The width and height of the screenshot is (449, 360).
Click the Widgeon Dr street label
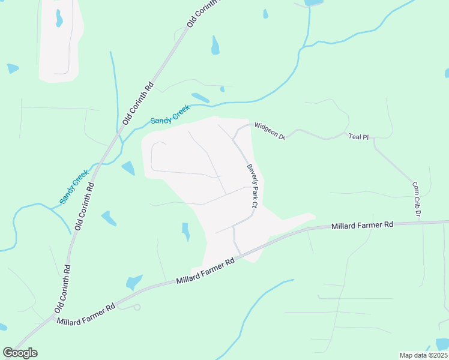coord(268,130)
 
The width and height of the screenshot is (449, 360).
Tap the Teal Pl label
coord(358,137)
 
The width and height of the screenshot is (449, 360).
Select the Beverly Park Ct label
coord(252,186)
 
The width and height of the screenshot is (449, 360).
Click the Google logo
coord(20,353)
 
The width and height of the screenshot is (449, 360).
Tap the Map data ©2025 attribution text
coord(423,355)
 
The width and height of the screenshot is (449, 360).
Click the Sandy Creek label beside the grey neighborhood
coord(170,114)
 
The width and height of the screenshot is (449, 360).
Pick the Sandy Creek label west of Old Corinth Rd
coord(74,187)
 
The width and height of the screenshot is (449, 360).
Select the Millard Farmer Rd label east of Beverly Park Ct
coord(362,225)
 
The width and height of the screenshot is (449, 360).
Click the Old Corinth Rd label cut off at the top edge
coord(204,12)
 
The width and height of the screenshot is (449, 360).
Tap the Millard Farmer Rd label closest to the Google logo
coord(86,314)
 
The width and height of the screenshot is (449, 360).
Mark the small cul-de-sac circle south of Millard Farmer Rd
coord(137,307)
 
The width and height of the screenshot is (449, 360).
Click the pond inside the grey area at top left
coord(59,19)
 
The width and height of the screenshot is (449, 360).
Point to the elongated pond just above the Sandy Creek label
coord(200,97)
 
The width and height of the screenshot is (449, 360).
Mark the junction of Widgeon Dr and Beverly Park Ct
coord(234,136)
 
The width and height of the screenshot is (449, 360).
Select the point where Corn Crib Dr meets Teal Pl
coord(373,139)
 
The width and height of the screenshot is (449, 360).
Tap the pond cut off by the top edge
coord(313,2)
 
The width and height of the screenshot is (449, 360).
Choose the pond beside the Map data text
coord(442,344)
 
